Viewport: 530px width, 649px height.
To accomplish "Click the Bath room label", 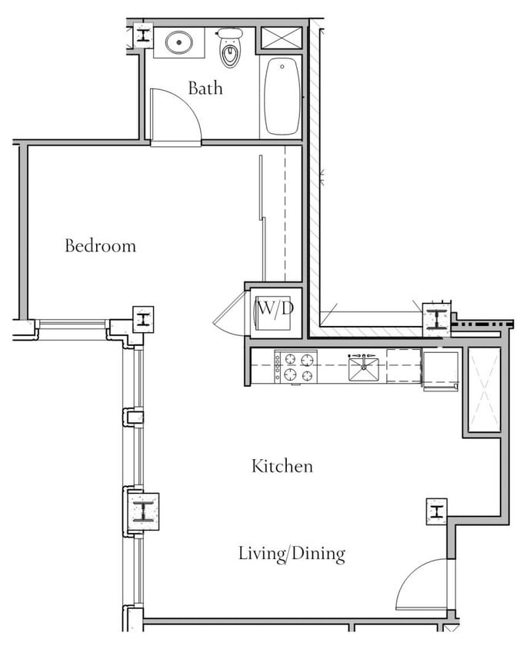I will coord(205,88).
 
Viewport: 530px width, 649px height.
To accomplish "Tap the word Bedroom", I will coord(100,246).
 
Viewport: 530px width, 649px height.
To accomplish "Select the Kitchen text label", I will coord(282,466).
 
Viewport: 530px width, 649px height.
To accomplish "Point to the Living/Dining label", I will coord(292,554).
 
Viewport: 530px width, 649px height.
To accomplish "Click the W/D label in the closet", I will coord(275,309).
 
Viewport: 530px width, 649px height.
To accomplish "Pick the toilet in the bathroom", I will coord(229,49).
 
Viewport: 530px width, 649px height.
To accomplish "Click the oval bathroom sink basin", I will coord(179,42).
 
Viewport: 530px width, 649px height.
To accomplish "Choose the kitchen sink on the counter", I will coord(365,369).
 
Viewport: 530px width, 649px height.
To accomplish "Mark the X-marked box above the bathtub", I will coord(281,38).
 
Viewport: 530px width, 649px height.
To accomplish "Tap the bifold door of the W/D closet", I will coord(232,316).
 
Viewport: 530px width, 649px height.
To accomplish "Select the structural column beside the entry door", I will coord(436,511).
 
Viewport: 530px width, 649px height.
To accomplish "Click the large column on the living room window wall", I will coord(143,511).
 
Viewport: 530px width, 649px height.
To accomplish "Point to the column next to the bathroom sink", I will coord(143,35).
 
